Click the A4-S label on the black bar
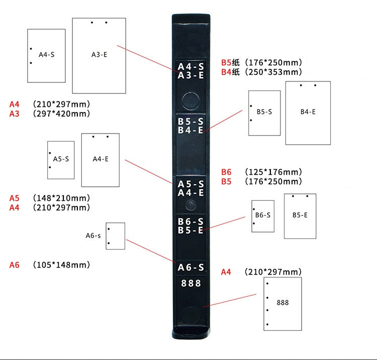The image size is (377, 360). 191,67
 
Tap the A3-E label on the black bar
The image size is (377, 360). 191,76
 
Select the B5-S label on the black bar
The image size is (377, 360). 191,122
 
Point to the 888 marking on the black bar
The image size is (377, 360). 191,284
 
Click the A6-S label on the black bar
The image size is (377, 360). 191,268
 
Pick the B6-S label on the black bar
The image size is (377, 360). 191,221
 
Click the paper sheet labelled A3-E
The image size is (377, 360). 99,56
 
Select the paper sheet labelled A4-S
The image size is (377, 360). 46,55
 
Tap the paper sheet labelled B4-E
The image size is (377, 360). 308,113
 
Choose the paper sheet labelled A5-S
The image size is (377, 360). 61,160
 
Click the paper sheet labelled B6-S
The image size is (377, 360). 263,216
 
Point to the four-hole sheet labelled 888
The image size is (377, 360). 282,303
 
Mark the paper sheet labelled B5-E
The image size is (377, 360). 300,216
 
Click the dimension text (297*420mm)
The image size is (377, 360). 61,113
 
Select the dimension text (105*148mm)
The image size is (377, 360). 61,265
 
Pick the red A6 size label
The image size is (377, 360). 14,265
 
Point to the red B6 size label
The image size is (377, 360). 226,172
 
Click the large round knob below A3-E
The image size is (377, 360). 191,100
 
